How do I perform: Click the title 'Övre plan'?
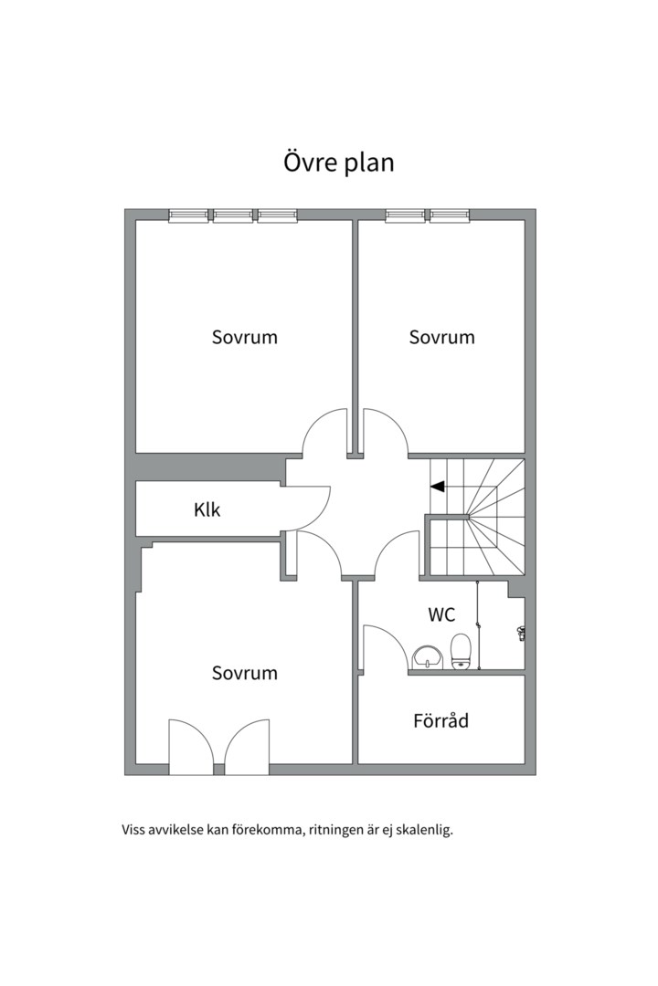pos(339,163)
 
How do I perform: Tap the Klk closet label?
pos(207,509)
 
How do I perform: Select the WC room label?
pos(441,614)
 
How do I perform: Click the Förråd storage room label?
pos(440,720)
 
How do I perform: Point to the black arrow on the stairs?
pos(438,486)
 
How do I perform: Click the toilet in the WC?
pos(461,652)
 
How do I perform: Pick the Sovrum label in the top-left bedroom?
pos(244,337)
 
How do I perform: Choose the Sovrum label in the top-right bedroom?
pos(441,337)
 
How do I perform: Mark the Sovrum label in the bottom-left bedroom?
pos(244,673)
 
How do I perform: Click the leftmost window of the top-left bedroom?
pos(188,215)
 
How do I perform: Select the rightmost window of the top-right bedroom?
pos(450,215)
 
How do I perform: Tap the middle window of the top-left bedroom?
pos(233,215)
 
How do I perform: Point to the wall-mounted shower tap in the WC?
pos(521,633)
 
